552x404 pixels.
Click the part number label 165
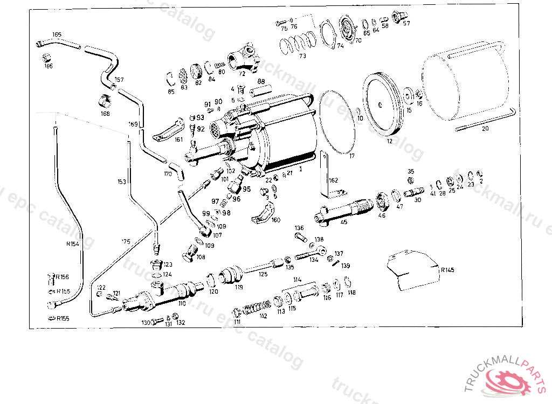coord(57,34)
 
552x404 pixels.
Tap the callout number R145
coord(447,270)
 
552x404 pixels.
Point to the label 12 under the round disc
coord(389,142)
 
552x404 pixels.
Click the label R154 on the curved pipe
coord(72,244)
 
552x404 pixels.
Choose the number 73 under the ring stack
coord(302,56)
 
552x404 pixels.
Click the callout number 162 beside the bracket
coord(334,179)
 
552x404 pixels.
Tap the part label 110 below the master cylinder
coord(182,303)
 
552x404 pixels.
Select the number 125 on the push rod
coord(263,274)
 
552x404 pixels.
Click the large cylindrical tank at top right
coord(467,89)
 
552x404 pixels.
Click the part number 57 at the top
coord(406,23)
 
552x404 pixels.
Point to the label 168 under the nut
coord(105,114)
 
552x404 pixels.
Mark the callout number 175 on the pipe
coord(126,241)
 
